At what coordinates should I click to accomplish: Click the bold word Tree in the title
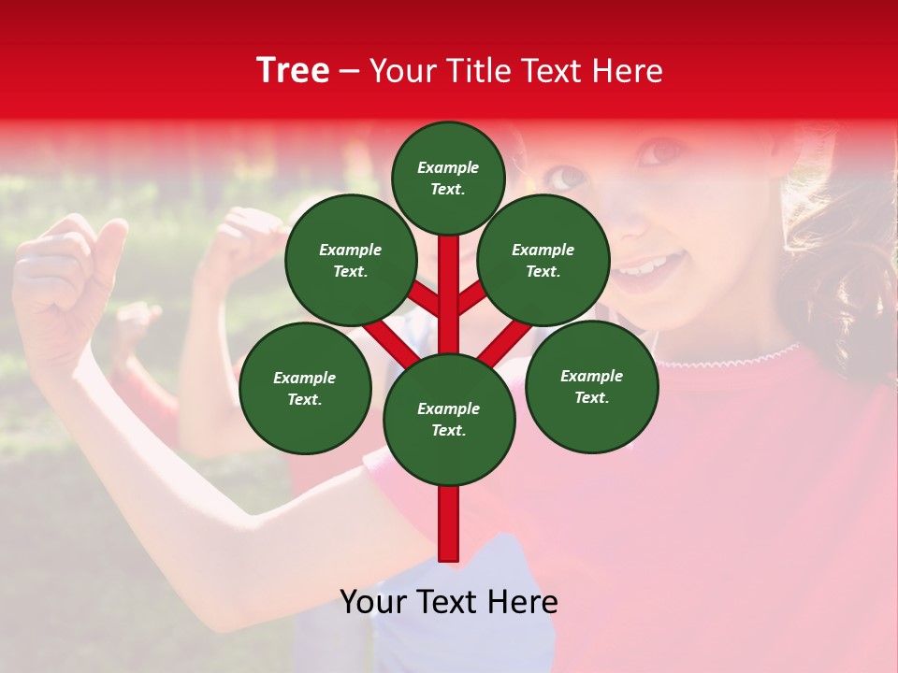(x=293, y=71)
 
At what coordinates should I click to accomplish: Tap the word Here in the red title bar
(x=630, y=71)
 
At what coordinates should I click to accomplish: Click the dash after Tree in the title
(x=350, y=72)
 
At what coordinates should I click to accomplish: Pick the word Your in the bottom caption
(x=373, y=602)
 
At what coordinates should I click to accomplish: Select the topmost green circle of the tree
(x=448, y=178)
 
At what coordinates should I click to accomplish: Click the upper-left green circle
(x=351, y=260)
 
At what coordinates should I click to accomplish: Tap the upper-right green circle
(x=543, y=260)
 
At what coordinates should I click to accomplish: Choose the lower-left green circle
(x=305, y=388)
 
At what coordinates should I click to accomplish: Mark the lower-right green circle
(x=591, y=386)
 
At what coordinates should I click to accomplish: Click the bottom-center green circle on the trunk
(x=449, y=419)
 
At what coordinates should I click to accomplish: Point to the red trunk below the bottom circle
(x=449, y=523)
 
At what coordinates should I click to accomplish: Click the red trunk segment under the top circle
(x=449, y=262)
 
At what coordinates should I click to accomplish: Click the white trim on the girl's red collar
(x=730, y=359)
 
